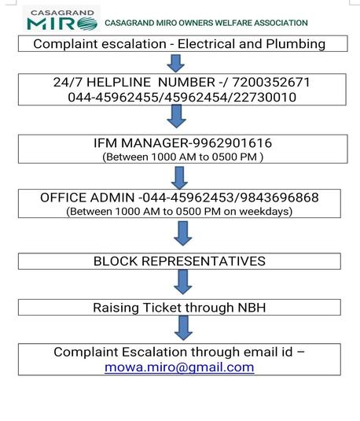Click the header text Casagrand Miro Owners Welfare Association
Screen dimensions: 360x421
point(206,24)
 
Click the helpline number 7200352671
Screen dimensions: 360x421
point(268,82)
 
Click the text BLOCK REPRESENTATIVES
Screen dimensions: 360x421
point(179,261)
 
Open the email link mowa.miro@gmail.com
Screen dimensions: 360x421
point(179,367)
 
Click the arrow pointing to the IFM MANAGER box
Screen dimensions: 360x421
point(178,116)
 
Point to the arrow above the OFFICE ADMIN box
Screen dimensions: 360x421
point(178,173)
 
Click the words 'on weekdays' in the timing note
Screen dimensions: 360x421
point(263,211)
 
